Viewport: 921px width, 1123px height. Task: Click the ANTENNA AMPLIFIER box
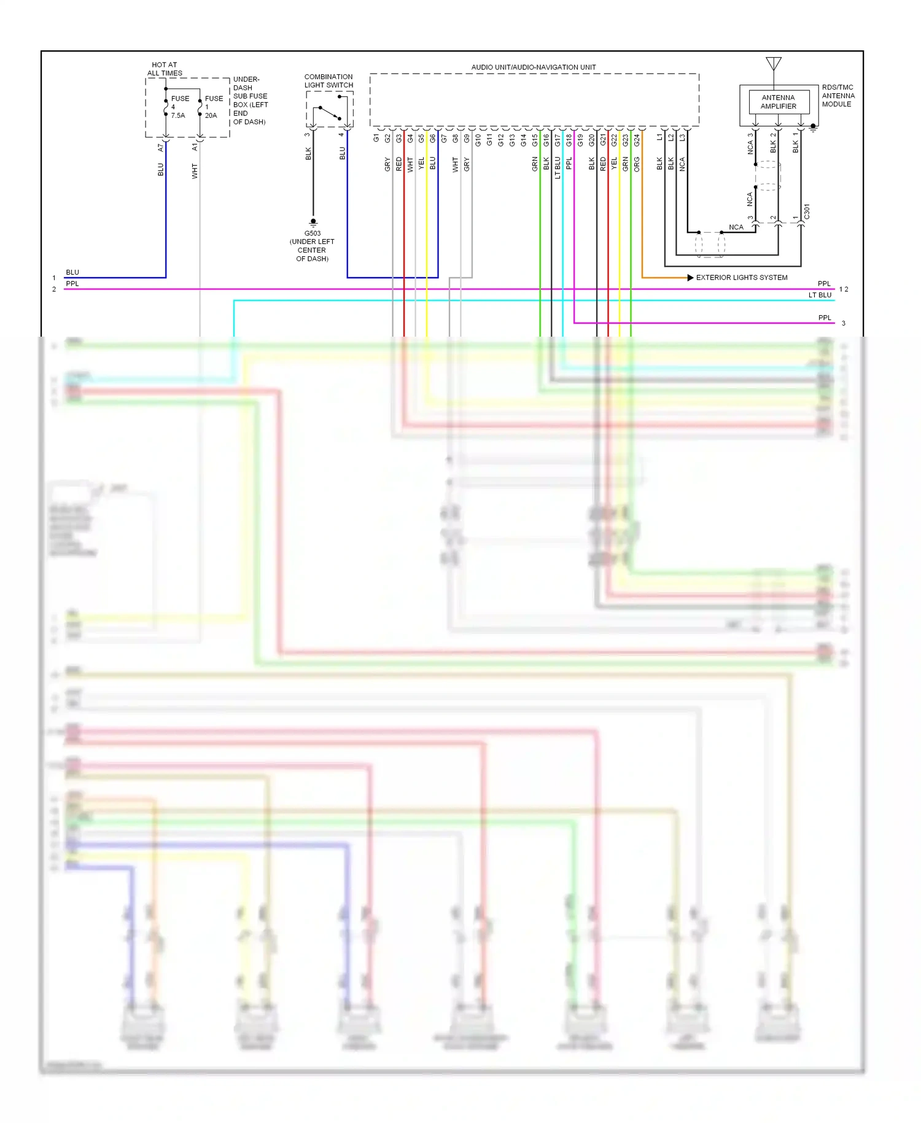[778, 102]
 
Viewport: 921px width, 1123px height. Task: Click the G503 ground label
[313, 233]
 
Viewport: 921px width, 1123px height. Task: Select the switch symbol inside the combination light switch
[329, 113]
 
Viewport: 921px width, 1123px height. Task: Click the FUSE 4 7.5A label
[179, 107]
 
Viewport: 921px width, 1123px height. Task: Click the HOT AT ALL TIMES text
[165, 69]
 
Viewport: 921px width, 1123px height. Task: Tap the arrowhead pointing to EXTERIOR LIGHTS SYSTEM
[690, 278]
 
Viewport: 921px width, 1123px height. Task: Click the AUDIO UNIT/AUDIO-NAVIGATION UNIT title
[534, 67]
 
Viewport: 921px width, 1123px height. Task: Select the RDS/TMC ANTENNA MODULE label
[838, 96]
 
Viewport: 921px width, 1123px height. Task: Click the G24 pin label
[637, 140]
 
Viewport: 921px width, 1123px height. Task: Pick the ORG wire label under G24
[637, 164]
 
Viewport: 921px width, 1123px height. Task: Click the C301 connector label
[807, 211]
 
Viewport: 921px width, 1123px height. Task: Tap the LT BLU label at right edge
[820, 295]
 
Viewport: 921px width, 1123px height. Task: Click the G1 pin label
[376, 138]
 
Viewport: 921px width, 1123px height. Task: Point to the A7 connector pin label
[161, 147]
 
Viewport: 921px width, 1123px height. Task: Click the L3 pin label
[682, 138]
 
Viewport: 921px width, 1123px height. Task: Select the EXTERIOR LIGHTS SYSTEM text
[742, 278]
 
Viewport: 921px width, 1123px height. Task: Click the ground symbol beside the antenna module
[813, 128]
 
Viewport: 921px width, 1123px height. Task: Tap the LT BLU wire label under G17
[558, 167]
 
